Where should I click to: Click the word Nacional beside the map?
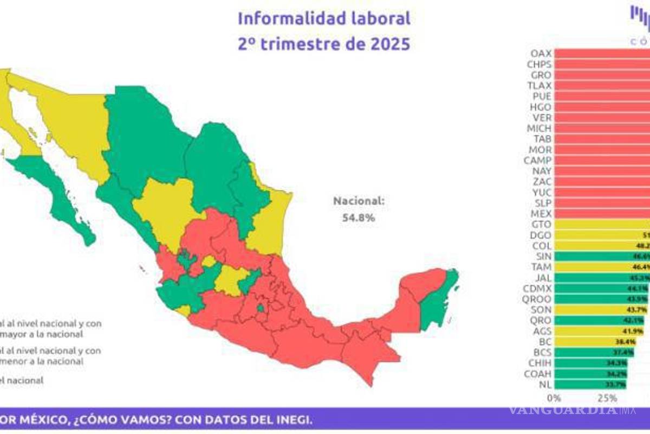(x=359, y=201)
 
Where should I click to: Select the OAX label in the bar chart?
(x=541, y=54)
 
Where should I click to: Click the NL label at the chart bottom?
(x=545, y=384)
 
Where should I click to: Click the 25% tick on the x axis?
(x=608, y=398)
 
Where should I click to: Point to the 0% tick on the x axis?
(x=554, y=398)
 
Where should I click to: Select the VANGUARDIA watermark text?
(x=563, y=409)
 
